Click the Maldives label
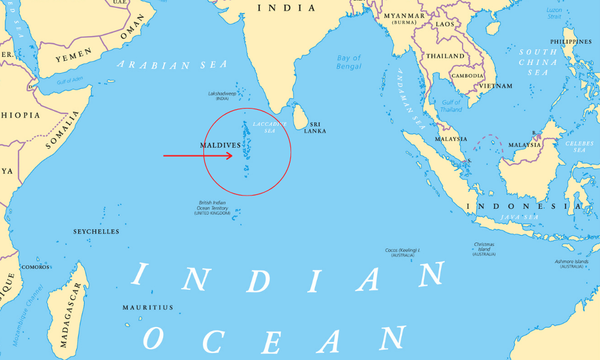220,145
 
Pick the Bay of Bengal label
349,62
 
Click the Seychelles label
96,232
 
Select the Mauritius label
148,308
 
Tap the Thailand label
445,56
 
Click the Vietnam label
496,86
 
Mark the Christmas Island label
484,249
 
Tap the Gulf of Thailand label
451,106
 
